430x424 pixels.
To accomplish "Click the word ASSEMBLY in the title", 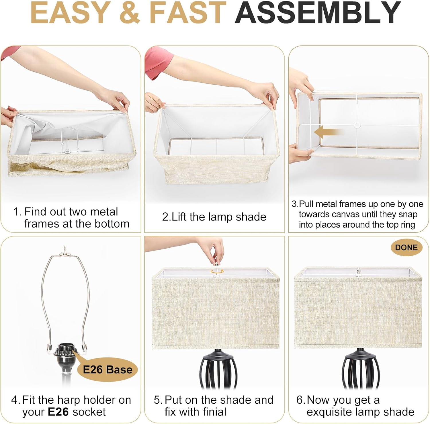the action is pyautogui.click(x=318, y=13).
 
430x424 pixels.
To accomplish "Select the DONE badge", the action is pyautogui.click(x=406, y=247).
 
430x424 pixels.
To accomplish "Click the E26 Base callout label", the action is pyautogui.click(x=107, y=370).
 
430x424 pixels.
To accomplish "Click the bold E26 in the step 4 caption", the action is pyautogui.click(x=58, y=412).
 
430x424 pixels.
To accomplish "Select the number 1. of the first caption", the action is pyautogui.click(x=17, y=212).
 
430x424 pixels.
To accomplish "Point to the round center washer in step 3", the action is pyautogui.click(x=357, y=125).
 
